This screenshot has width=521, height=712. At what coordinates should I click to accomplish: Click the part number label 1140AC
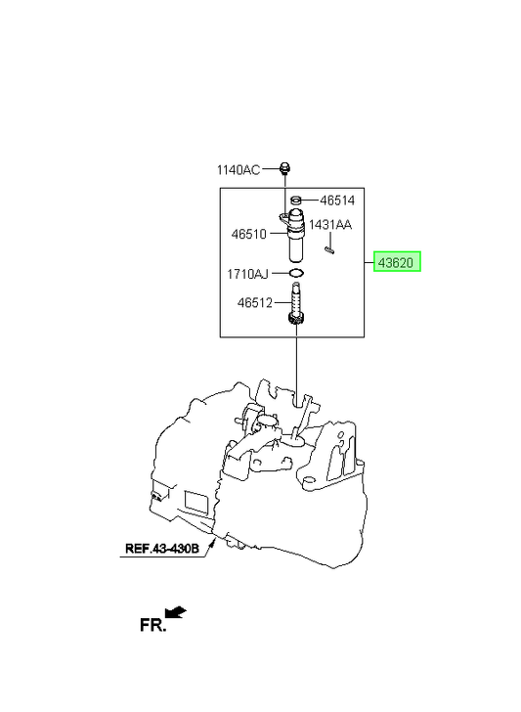[239, 170]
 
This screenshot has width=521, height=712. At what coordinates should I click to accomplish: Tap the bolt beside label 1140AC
[285, 168]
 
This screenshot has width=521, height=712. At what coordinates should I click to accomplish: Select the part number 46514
[337, 200]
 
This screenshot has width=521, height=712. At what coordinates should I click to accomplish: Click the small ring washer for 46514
[296, 200]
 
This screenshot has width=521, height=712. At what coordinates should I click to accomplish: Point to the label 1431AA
[330, 225]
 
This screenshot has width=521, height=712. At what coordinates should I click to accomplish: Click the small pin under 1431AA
[329, 249]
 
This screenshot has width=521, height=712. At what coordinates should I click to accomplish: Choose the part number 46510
[248, 235]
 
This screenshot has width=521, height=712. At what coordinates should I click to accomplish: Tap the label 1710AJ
[248, 274]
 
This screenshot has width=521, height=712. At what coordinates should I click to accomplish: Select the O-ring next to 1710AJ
[296, 273]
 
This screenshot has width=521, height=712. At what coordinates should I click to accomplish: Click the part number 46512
[254, 302]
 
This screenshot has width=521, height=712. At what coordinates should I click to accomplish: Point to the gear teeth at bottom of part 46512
[296, 318]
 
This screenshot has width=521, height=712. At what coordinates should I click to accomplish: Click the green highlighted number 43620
[397, 262]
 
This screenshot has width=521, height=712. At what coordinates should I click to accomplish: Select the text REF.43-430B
[162, 549]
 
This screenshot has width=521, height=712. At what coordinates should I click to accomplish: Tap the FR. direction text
[152, 625]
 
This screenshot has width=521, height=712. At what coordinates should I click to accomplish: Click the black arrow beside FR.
[176, 611]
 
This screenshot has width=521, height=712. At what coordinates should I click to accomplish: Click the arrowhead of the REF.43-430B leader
[214, 540]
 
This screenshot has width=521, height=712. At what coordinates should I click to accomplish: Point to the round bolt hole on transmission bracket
[309, 479]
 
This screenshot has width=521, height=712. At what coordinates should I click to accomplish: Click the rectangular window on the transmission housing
[196, 502]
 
